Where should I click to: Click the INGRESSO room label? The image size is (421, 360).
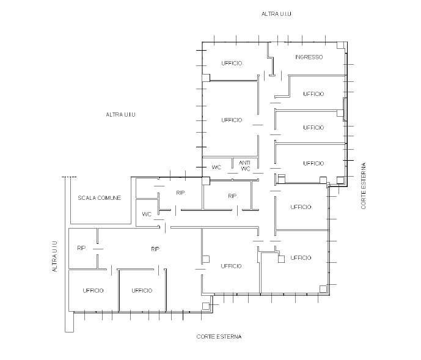click(x=309, y=57)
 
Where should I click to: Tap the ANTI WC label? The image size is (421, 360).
click(x=245, y=166)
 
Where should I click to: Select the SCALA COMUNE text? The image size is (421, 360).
click(x=100, y=198)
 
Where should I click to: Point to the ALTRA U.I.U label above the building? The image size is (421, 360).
click(x=277, y=13)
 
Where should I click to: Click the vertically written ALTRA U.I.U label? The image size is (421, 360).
click(x=55, y=256)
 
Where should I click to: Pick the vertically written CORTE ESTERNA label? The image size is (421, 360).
click(x=364, y=186)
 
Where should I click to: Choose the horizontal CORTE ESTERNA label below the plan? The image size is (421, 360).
click(x=219, y=336)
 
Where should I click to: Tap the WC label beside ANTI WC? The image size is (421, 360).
click(x=216, y=167)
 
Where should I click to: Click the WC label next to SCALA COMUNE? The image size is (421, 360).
click(x=147, y=214)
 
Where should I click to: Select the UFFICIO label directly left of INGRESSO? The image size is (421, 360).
click(x=232, y=63)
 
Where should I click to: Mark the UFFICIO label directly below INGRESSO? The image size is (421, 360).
click(x=313, y=94)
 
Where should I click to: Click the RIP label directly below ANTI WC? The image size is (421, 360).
click(x=232, y=196)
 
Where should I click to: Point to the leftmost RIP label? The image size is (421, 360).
click(x=81, y=248)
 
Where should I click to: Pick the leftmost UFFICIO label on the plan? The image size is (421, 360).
click(x=93, y=290)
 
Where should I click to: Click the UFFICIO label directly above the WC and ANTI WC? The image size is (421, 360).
click(x=232, y=120)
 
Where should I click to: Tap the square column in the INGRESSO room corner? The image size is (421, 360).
click(x=340, y=45)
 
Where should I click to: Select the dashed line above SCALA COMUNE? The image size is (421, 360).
click(x=69, y=177)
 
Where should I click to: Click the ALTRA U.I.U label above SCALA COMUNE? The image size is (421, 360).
click(x=121, y=114)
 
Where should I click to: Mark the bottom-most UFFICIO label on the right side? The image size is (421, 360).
click(x=301, y=258)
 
